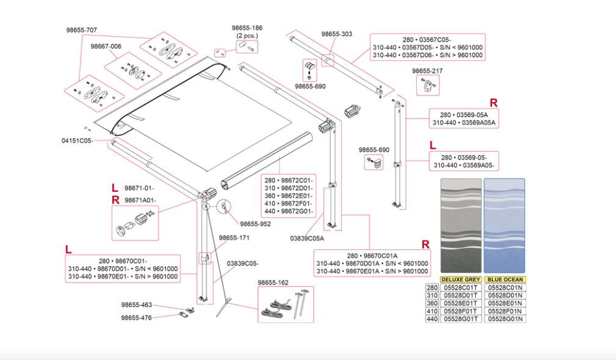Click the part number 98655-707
[82, 29]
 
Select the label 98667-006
[106, 46]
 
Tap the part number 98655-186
[247, 28]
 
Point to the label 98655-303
[337, 34]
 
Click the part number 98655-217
[427, 71]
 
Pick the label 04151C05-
[76, 140]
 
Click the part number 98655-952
[255, 224]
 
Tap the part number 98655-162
[273, 282]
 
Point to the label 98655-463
[136, 304]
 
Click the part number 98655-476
[136, 317]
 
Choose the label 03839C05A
[307, 238]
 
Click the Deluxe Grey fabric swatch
[461, 226]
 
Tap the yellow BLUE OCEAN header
[505, 280]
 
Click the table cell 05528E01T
[461, 303]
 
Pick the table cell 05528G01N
[505, 318]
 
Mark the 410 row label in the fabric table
[432, 310]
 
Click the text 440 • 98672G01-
[288, 211]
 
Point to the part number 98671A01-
[140, 200]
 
